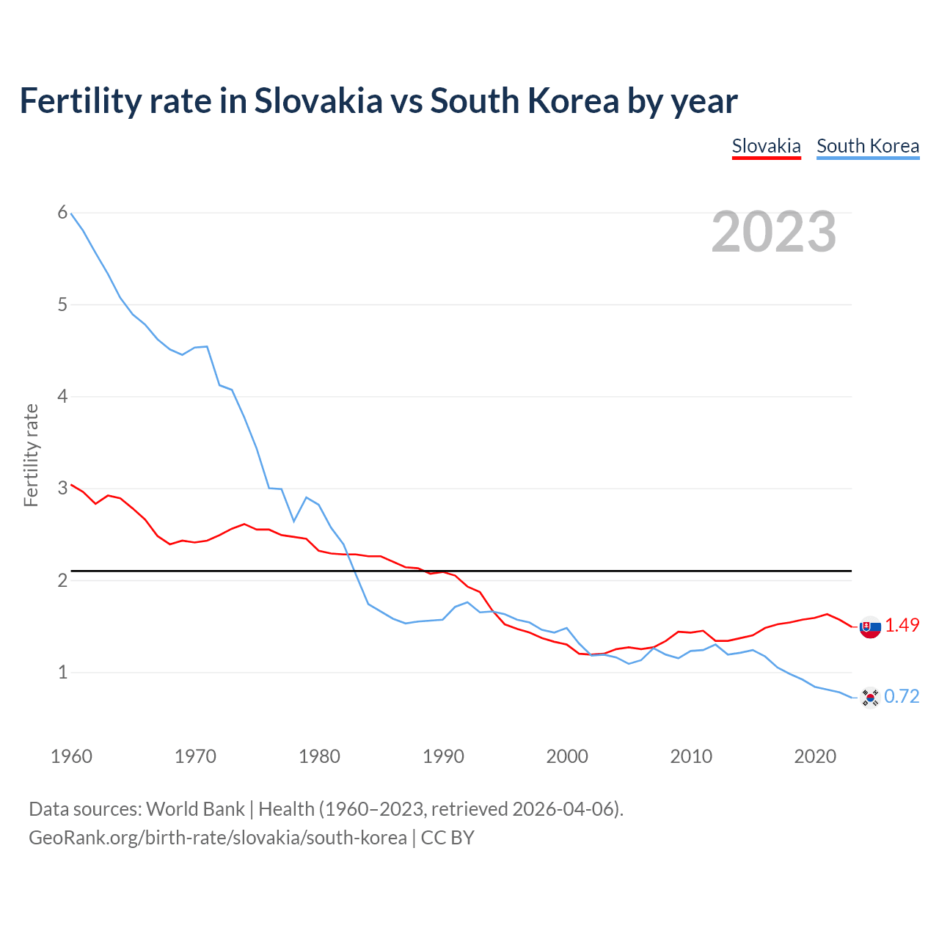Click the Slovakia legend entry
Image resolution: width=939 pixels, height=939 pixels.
[x=766, y=146]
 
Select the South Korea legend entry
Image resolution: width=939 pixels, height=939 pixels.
[x=867, y=146]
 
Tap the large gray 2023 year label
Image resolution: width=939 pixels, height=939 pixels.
[x=773, y=232]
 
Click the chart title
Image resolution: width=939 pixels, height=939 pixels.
[x=378, y=101]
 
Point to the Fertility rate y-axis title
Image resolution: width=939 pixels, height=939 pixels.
[x=31, y=455]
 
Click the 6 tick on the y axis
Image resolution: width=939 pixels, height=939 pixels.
[x=62, y=213]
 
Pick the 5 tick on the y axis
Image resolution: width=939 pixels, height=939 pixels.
[x=62, y=304]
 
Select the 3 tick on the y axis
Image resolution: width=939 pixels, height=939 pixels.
[x=62, y=489]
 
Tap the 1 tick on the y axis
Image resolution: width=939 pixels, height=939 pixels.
[x=62, y=672]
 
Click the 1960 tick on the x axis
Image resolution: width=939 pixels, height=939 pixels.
[x=71, y=756]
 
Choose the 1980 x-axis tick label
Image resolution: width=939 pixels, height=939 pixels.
[x=319, y=756]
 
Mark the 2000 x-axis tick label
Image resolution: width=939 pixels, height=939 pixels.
[x=567, y=756]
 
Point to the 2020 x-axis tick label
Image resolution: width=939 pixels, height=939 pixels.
[x=815, y=756]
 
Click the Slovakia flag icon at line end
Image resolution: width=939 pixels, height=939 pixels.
[x=870, y=627]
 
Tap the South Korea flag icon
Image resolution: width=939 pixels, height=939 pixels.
[x=870, y=697]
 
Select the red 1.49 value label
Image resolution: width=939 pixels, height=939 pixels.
[x=902, y=625]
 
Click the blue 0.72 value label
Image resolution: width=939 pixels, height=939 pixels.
[x=902, y=696]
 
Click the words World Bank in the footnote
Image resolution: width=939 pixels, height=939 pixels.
[x=195, y=808]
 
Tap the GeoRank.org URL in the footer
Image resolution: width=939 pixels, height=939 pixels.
[x=217, y=837]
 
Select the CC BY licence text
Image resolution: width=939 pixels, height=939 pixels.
[x=447, y=837]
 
